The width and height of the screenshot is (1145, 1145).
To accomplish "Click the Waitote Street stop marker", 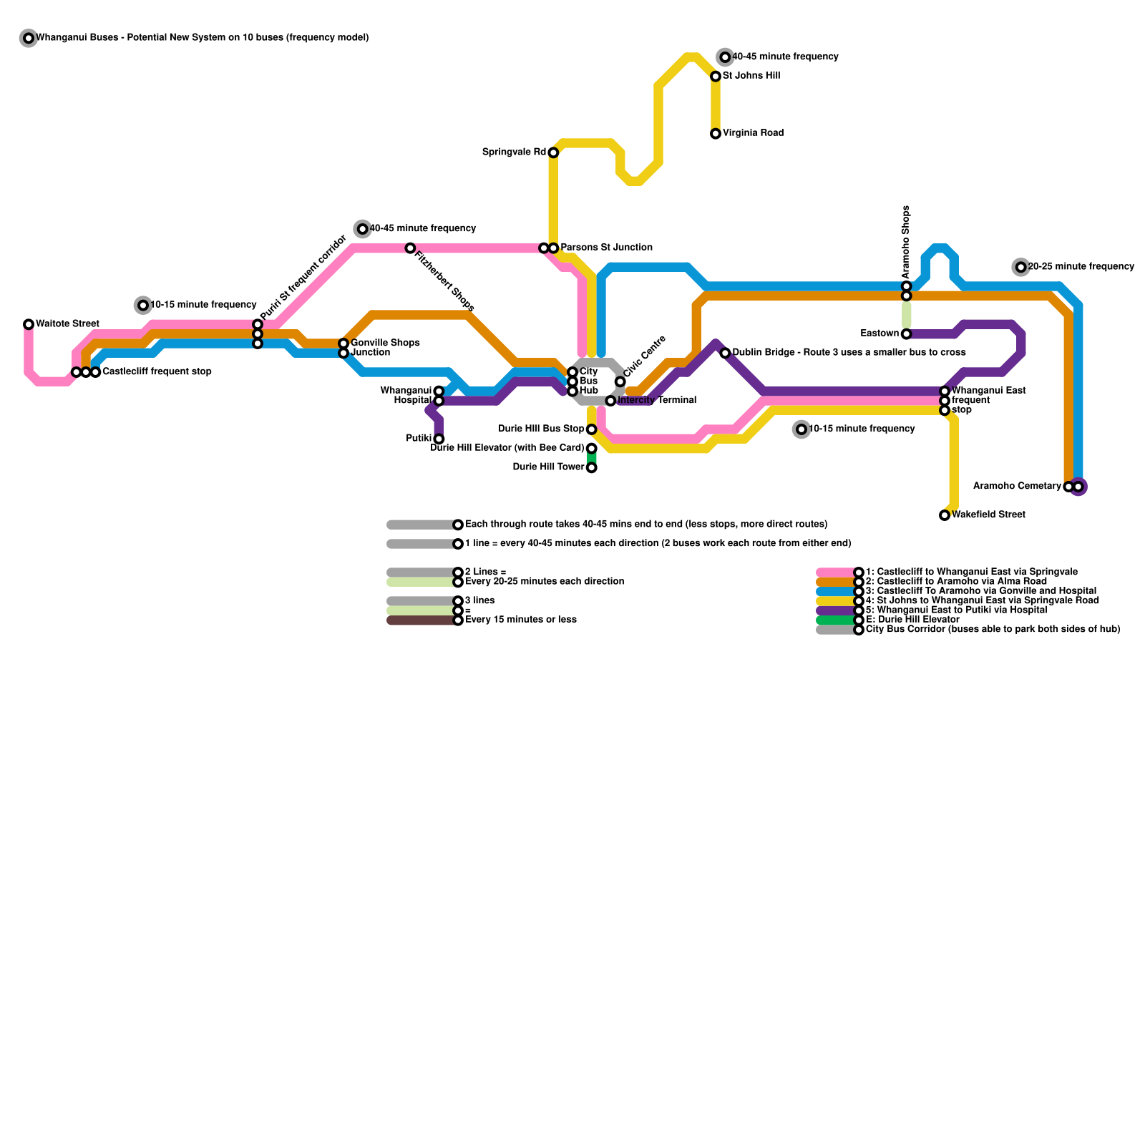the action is click(29, 324).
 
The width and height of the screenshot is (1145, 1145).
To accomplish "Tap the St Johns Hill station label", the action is click(751, 76).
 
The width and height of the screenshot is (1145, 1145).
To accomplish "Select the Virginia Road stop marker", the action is click(716, 134).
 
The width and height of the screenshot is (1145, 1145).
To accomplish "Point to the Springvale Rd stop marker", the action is click(553, 152).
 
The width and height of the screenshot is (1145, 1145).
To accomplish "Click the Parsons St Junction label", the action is click(605, 248).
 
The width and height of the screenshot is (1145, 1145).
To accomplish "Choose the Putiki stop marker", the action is click(439, 439).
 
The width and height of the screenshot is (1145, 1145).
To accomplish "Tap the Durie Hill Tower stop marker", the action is click(591, 468).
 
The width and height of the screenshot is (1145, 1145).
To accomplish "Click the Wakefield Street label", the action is click(988, 515).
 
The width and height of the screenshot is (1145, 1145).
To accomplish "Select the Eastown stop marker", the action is click(906, 334).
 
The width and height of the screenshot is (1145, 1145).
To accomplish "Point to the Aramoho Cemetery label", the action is click(1016, 487).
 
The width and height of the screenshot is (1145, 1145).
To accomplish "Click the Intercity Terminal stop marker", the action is click(610, 401).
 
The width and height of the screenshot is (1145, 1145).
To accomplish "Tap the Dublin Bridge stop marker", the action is click(725, 353).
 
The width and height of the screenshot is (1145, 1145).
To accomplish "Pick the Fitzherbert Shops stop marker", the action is click(410, 248).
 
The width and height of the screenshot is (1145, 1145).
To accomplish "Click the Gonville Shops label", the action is click(384, 343).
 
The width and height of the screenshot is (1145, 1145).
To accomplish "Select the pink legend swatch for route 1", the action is click(836, 572).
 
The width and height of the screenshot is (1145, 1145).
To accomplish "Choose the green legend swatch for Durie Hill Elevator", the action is click(836, 620).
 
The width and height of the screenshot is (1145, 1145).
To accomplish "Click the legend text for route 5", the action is click(956, 610).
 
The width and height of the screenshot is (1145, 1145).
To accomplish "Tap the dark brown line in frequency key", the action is click(421, 620).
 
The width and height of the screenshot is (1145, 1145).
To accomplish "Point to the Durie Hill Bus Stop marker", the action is click(591, 429).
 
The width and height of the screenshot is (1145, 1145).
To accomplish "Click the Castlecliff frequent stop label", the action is click(156, 372).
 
